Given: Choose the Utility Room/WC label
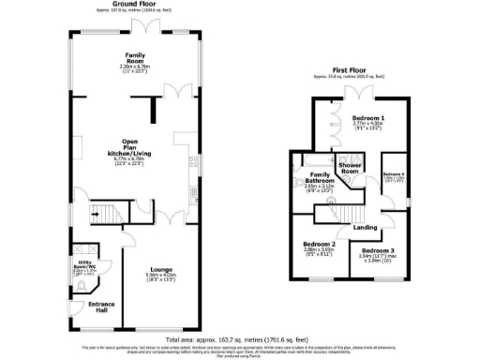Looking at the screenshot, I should pos(87,265).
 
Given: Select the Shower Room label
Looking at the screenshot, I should pos(352,169).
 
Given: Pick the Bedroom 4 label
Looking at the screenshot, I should pos(394,174).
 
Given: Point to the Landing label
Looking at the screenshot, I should pos(366,228).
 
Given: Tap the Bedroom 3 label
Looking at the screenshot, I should pos(379,251).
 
